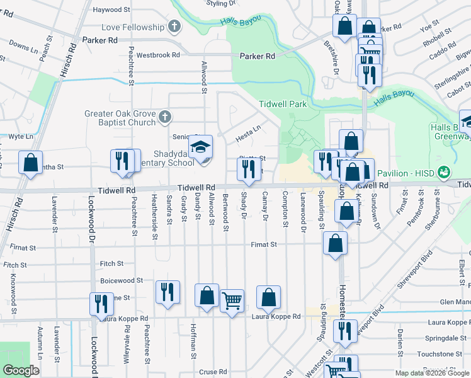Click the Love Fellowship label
[x=133, y=28]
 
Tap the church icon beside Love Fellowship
[x=175, y=27]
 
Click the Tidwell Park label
[x=281, y=103]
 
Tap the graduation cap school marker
[x=201, y=148]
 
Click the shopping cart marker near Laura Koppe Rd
[x=232, y=301]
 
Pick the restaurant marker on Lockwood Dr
[x=101, y=304]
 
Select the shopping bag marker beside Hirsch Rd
[x=31, y=162]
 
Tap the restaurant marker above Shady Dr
[x=248, y=168]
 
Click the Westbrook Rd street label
[x=158, y=55]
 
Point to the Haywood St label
[x=111, y=10]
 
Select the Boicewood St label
[x=122, y=280]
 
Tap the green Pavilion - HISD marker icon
[x=444, y=171]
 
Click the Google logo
[x=21, y=370]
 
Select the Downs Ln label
[x=20, y=47]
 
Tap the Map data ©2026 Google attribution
[x=432, y=373]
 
